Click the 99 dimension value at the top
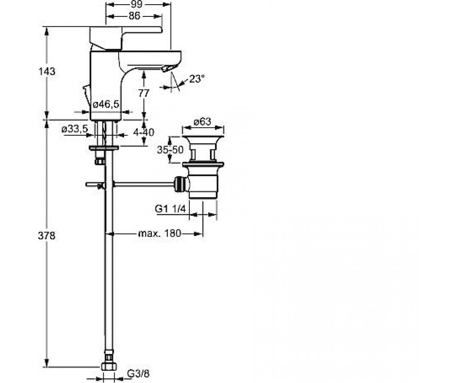(137, 4)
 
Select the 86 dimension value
(134, 16)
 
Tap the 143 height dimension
(47, 72)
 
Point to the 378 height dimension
(47, 236)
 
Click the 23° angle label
(197, 79)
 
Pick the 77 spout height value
(143, 93)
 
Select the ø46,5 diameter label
(106, 104)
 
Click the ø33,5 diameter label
(75, 129)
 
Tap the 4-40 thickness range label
(144, 132)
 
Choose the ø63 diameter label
(202, 121)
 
